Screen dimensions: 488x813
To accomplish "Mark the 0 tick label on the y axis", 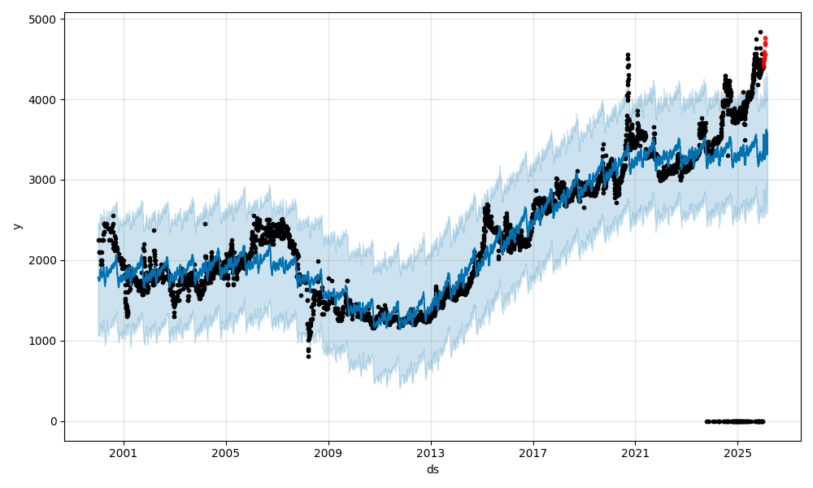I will point(54,421).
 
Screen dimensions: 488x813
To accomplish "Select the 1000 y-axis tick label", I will point(45,341).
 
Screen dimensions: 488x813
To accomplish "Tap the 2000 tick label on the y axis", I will point(45,260).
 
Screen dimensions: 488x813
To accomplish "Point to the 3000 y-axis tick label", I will point(45,180).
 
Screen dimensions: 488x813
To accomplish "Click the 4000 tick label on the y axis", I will point(45,99).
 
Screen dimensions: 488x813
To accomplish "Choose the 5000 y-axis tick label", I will point(45,19).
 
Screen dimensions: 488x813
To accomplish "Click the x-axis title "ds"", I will point(433,469).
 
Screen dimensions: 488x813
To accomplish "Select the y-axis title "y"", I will point(16,226).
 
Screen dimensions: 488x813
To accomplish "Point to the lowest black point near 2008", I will point(308,356).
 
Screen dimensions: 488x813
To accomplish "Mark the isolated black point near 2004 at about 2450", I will point(205,224).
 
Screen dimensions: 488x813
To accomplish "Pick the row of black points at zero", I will point(736,421).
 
